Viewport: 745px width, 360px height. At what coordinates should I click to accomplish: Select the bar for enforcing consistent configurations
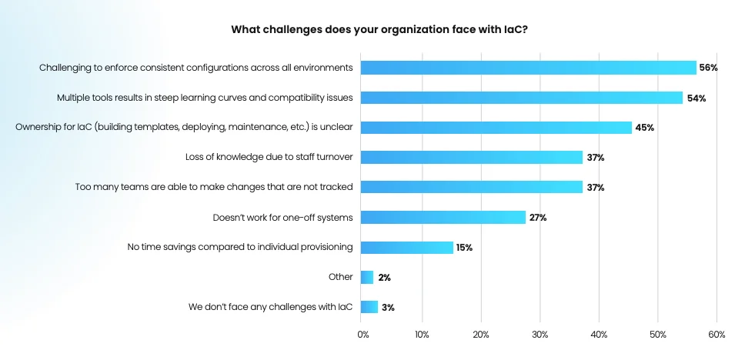529,68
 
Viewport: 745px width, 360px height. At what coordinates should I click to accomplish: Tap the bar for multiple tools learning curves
522,98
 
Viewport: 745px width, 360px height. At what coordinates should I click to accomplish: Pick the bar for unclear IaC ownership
496,128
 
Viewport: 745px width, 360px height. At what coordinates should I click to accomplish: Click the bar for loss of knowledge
472,158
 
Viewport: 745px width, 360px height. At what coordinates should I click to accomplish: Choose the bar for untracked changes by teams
472,187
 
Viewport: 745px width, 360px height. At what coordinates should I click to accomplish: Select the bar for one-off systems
443,218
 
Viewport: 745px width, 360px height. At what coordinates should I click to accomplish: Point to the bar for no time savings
407,248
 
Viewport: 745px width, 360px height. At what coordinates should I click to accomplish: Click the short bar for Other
367,277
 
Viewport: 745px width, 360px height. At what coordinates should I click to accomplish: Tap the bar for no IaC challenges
369,307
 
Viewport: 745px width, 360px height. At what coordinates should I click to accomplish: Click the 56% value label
708,68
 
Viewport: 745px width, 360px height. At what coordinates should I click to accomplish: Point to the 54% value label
697,98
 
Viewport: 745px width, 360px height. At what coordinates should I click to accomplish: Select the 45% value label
645,128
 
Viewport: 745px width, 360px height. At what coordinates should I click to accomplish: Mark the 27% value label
538,218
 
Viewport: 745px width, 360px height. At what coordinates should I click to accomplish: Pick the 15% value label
463,248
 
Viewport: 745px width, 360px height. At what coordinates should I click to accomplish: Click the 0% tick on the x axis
363,335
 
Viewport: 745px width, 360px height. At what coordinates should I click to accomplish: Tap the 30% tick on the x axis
540,335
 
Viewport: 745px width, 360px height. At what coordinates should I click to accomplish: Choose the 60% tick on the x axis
717,335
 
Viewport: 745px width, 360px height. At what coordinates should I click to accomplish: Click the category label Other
340,277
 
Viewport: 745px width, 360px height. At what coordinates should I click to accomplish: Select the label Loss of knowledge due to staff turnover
269,158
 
